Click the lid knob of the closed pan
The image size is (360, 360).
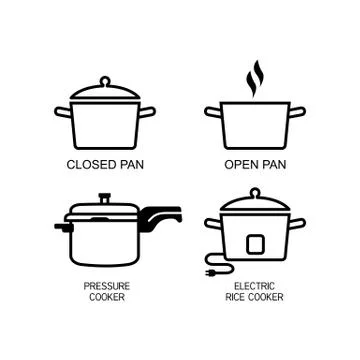(x=105, y=79)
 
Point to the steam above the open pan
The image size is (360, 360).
(x=255, y=77)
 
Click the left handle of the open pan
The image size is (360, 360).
(x=213, y=113)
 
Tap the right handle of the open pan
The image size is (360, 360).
(x=297, y=113)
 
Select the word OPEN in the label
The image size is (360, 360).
(x=240, y=162)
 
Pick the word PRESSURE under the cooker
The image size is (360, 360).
(x=106, y=285)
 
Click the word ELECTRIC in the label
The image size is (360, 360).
(x=254, y=285)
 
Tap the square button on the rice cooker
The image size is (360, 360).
(x=253, y=241)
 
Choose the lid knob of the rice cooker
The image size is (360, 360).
(x=254, y=192)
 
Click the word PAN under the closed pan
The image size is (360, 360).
(x=131, y=162)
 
